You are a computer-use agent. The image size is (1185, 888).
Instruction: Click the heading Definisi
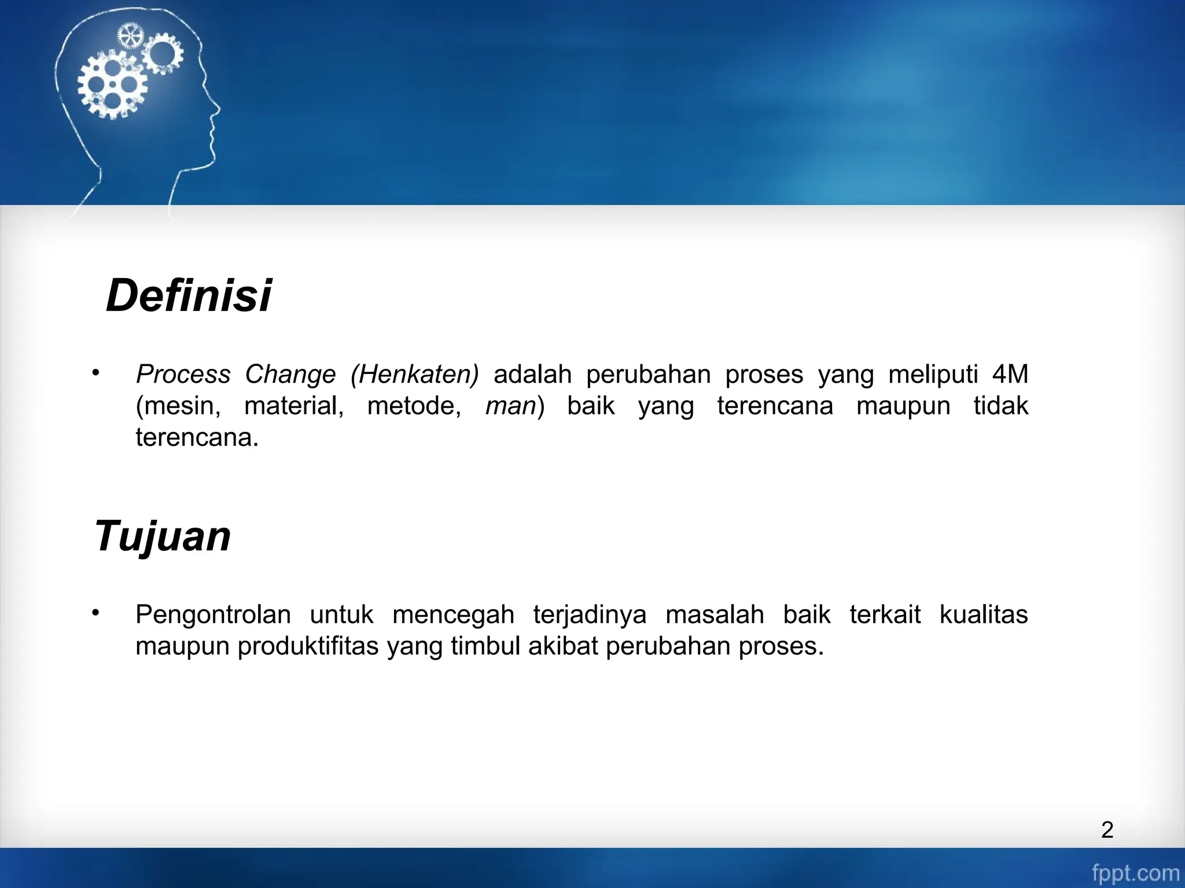(189, 296)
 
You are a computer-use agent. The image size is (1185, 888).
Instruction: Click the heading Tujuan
(163, 536)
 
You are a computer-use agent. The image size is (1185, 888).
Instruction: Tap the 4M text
(1010, 374)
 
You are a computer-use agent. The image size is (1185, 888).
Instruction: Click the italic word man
(511, 406)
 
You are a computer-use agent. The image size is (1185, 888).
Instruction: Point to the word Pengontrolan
(213, 614)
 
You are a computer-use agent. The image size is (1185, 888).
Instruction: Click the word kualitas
(983, 614)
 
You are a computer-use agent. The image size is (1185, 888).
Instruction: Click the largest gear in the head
(112, 86)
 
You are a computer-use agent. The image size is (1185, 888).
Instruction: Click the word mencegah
(453, 614)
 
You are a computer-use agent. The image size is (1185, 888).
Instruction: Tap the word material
(294, 406)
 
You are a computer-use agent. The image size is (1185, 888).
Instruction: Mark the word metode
(414, 406)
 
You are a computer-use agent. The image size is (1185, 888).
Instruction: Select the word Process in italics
(183, 374)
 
